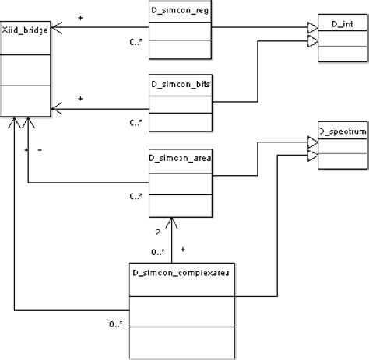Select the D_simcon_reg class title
(181, 13)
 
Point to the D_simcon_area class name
(181, 157)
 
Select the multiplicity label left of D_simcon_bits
(134, 122)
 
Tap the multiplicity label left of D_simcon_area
(134, 196)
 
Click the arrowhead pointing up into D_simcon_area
(175, 221)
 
